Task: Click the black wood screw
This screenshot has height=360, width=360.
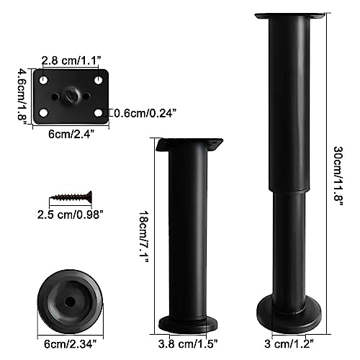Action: tap(71, 194)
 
